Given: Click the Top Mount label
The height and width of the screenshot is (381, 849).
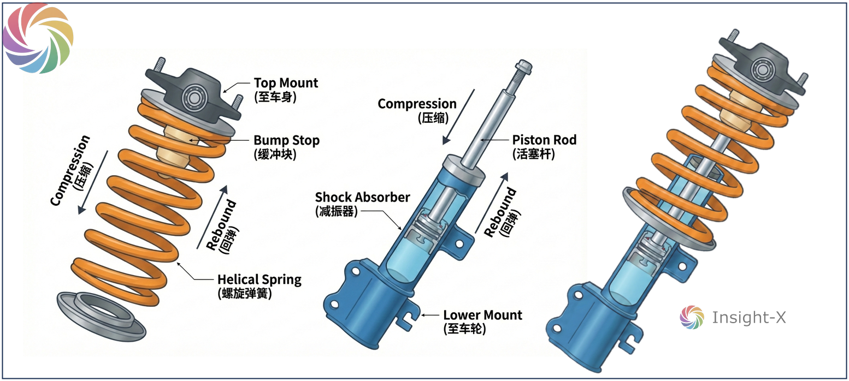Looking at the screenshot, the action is coord(286,90).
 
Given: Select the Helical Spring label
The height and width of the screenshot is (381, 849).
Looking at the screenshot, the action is coord(260,287).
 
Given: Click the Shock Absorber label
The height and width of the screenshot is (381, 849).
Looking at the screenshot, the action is coord(362,204).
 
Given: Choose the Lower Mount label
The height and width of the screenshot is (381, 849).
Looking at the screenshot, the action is coord(482,322).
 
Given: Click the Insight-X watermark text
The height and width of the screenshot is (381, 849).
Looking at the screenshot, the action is coord(749,317).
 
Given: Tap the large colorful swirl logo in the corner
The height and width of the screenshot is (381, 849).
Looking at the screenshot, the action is coord(38,38).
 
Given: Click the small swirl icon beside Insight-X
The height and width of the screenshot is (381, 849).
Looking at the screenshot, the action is coord(692,317).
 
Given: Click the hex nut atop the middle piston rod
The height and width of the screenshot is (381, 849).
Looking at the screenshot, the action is coord(523,68).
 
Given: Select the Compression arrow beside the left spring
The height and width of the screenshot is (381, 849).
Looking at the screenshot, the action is coord(93,182).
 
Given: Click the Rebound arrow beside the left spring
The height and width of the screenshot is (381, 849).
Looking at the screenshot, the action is coord(212,217).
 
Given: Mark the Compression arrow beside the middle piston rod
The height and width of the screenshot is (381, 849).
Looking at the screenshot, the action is coord(458,117).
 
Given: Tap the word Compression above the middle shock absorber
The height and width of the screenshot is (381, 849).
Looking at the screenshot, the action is coord(417,104).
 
